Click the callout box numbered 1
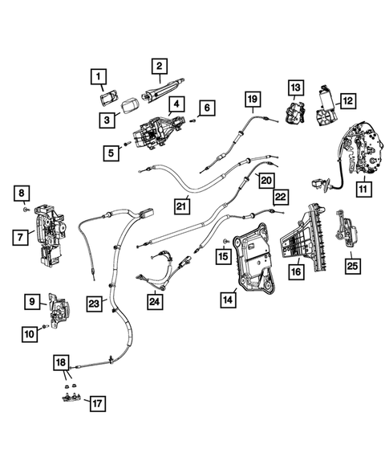pos(98,76)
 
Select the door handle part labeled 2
pos(163,89)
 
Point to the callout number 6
pos(207,108)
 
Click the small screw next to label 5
pos(126,144)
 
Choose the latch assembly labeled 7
pos(50,235)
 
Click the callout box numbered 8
pos(22,193)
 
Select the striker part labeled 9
pos(59,311)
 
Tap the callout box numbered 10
pos(30,334)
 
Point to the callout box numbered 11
pos(363,190)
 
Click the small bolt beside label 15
pos(226,241)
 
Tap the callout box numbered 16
pos(297,271)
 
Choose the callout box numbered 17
pos(98,403)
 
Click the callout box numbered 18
pos(61,363)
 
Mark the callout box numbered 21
pos(182,206)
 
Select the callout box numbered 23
pos(94,304)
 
